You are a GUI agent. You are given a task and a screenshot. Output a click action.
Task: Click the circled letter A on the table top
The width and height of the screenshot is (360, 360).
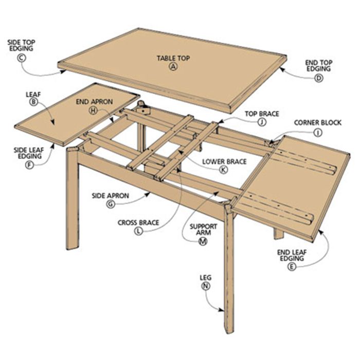click(173, 66)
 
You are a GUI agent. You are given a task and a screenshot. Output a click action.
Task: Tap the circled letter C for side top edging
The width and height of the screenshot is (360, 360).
click(22, 58)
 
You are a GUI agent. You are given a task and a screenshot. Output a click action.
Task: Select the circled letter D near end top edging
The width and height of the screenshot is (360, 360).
click(318, 78)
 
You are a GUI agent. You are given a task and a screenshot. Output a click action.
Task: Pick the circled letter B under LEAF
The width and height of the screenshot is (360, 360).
click(33, 102)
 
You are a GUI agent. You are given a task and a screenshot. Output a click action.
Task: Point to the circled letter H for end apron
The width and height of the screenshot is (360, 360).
click(93, 111)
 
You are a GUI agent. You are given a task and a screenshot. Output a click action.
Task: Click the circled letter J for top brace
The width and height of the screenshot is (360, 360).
click(262, 122)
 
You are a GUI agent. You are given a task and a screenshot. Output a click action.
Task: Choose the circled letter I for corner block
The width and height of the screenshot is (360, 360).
click(318, 133)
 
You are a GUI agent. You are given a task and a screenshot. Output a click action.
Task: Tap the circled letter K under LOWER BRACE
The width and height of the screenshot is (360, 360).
click(223, 170)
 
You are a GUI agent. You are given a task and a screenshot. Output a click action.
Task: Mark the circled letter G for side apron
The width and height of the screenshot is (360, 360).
click(111, 204)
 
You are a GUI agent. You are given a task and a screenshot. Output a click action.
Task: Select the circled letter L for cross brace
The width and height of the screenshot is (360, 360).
click(138, 231)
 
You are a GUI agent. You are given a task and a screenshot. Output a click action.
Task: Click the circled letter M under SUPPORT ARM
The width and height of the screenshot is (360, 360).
click(203, 241)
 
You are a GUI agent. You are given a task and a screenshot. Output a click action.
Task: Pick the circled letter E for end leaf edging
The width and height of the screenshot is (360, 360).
click(292, 266)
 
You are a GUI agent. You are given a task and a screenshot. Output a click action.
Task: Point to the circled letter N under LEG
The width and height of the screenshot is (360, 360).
click(206, 286)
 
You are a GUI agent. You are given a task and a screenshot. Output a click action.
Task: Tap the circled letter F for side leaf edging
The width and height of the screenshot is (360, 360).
click(29, 165)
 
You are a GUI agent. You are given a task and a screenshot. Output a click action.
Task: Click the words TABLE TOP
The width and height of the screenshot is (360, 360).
click(173, 58)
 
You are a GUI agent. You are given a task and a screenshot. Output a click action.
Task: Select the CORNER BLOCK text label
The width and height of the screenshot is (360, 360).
click(318, 123)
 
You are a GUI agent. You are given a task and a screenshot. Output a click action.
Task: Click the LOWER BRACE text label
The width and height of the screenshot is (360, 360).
click(224, 161)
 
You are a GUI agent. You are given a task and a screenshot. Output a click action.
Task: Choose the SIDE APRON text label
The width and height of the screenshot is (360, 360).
click(111, 196)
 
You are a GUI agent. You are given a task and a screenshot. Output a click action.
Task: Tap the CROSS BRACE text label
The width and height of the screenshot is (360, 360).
click(138, 223)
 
